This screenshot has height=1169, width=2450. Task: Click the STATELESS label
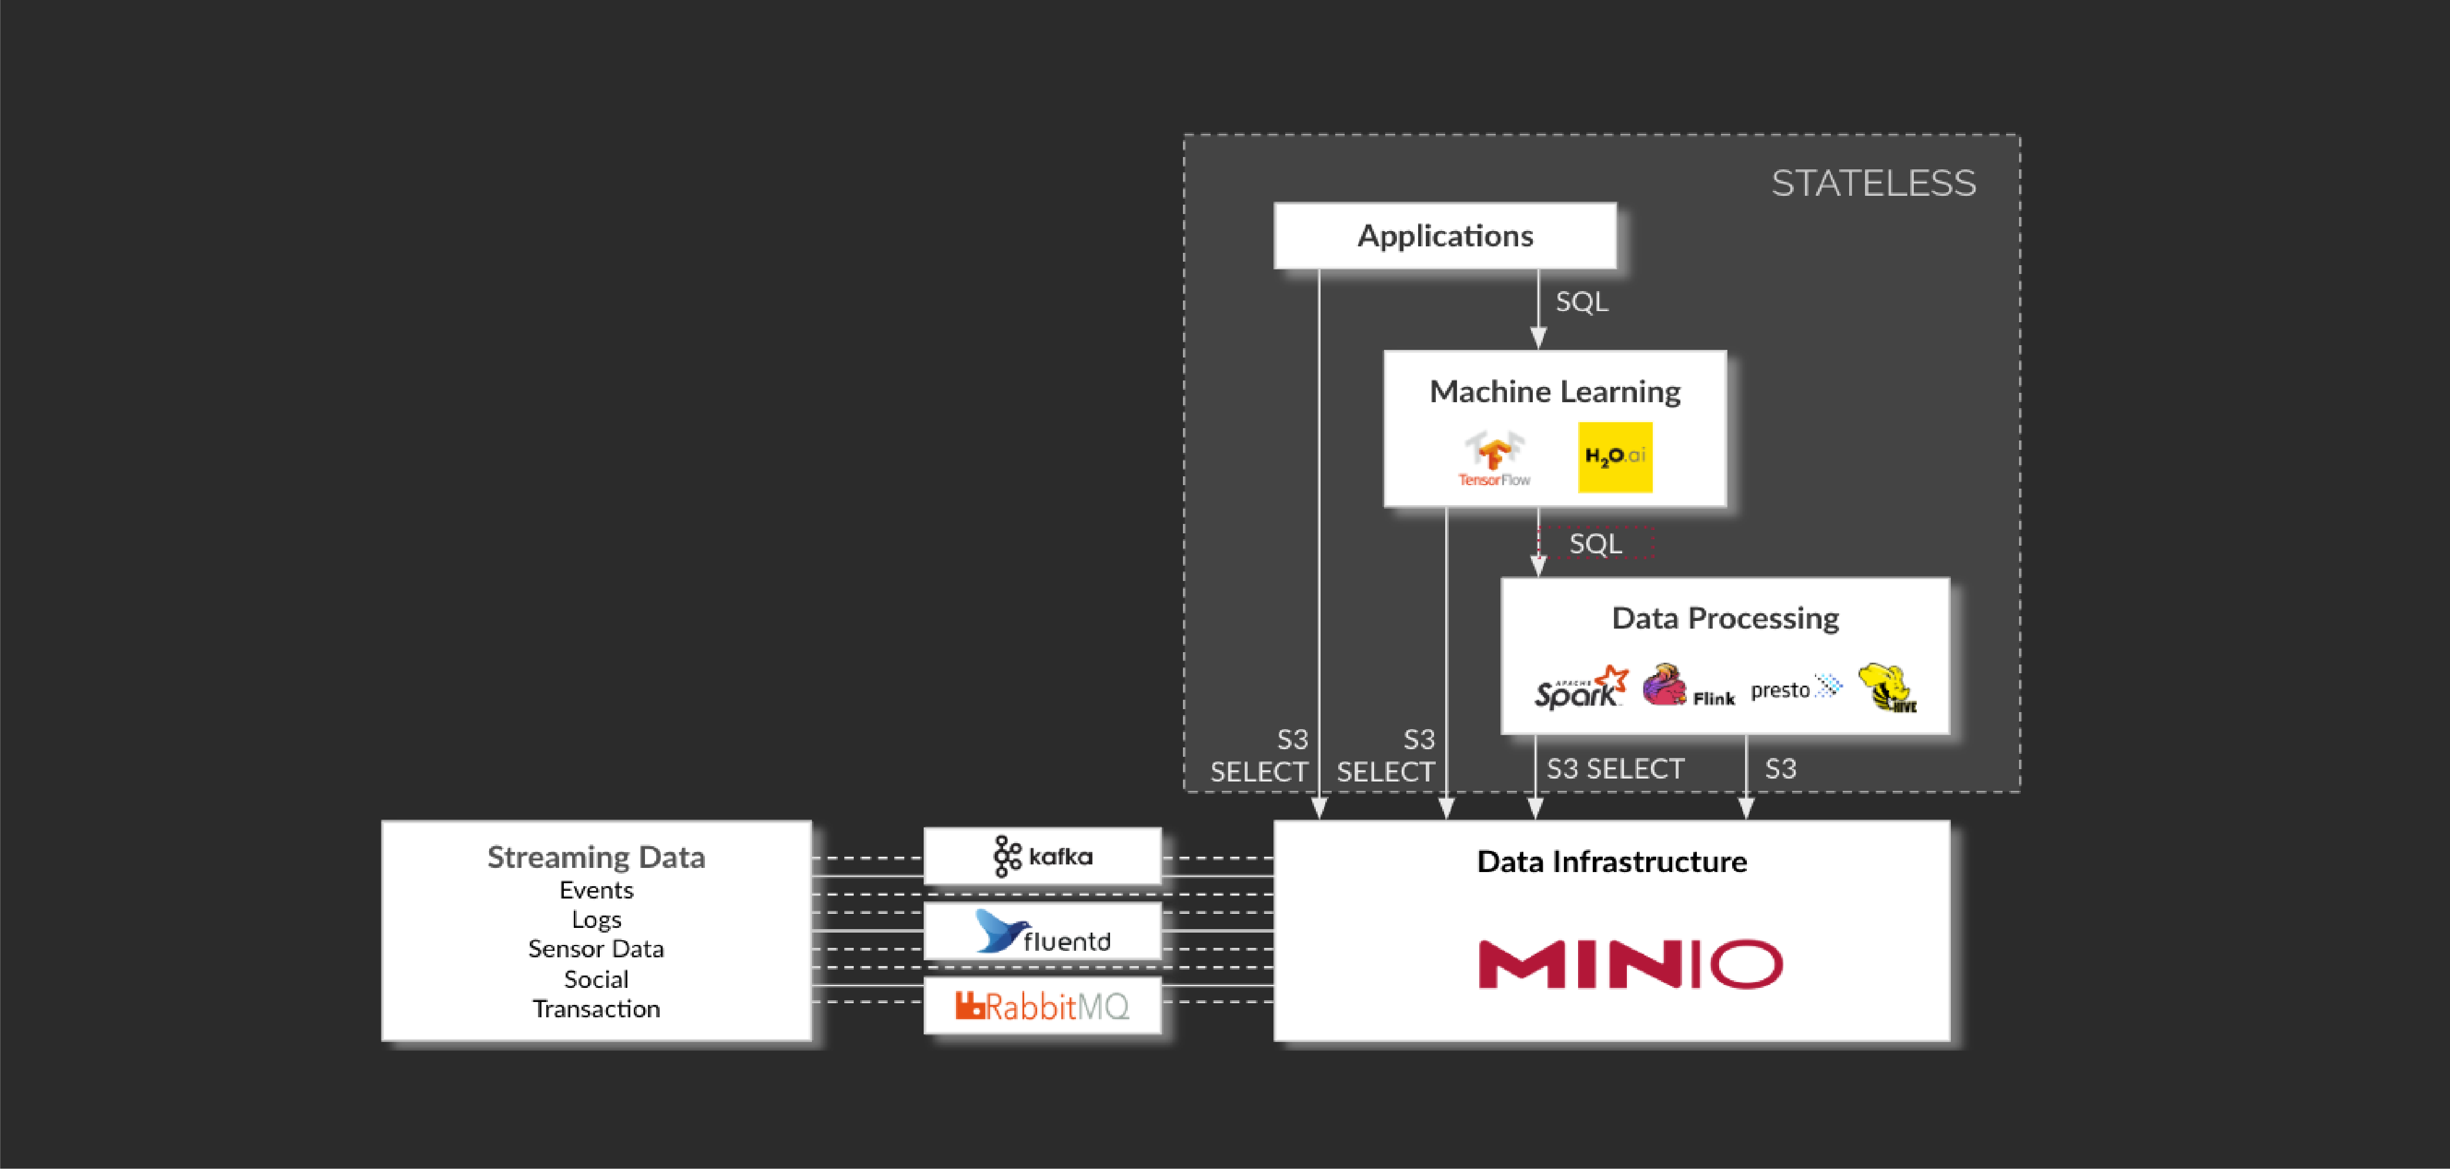click(x=1873, y=183)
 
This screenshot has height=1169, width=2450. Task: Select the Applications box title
click(x=1445, y=236)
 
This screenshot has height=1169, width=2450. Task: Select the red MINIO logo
click(x=1630, y=964)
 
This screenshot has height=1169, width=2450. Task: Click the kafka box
click(x=1042, y=856)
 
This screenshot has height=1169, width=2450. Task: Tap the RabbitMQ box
click(x=1042, y=1006)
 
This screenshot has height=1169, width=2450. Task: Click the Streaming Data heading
click(x=596, y=857)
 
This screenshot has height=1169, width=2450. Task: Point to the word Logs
click(x=596, y=920)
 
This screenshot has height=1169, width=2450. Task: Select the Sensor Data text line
click(x=596, y=949)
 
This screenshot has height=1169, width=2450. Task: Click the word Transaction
click(x=596, y=1009)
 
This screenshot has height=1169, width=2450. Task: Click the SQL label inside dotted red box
click(x=1595, y=544)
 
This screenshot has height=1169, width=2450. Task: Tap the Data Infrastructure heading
click(x=1611, y=862)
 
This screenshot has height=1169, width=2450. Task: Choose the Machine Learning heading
click(x=1555, y=392)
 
